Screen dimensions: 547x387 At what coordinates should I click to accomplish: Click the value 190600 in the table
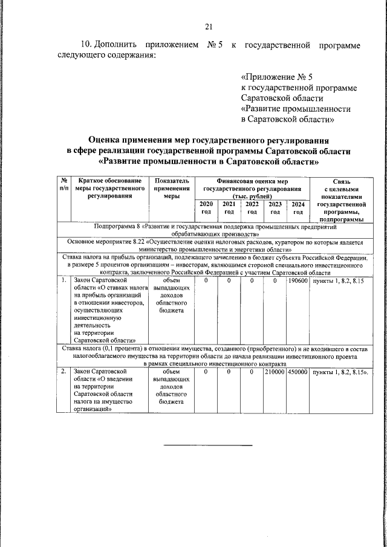point(298,281)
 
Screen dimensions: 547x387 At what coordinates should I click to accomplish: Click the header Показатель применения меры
point(172,188)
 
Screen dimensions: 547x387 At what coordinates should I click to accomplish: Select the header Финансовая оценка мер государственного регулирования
point(252,188)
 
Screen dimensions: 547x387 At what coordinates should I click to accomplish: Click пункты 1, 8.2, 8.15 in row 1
point(335,281)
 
